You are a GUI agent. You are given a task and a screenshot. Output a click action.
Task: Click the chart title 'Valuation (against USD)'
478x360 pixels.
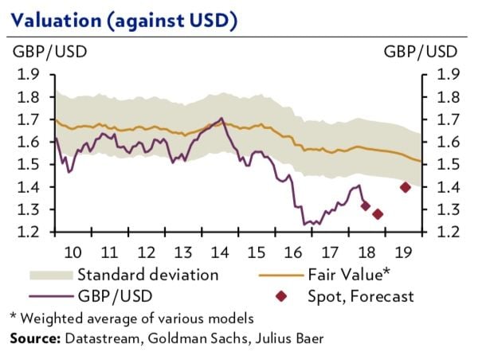click(123, 18)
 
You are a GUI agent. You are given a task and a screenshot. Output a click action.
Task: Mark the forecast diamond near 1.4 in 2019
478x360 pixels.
click(405, 187)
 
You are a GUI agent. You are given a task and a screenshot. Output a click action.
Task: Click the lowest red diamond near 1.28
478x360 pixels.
click(378, 213)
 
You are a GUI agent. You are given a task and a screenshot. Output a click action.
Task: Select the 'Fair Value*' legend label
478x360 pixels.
click(353, 276)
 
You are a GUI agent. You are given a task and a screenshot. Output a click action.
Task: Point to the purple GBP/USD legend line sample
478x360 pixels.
click(50, 297)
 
